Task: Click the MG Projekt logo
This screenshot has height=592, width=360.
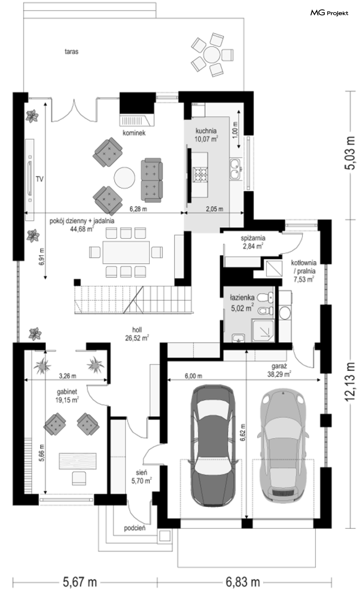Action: tap(329, 13)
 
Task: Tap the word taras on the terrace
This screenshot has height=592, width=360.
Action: tap(71, 51)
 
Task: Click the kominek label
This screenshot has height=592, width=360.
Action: tap(134, 133)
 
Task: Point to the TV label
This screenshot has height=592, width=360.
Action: tap(40, 179)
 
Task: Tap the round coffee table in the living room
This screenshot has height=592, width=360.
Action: tap(124, 178)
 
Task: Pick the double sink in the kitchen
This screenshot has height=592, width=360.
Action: tap(235, 169)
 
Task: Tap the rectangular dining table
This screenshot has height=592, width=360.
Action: tap(126, 252)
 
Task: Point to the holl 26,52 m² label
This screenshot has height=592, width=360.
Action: tap(137, 334)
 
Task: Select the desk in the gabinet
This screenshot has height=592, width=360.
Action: tap(77, 461)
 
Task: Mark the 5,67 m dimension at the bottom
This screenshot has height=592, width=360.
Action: tap(80, 582)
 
